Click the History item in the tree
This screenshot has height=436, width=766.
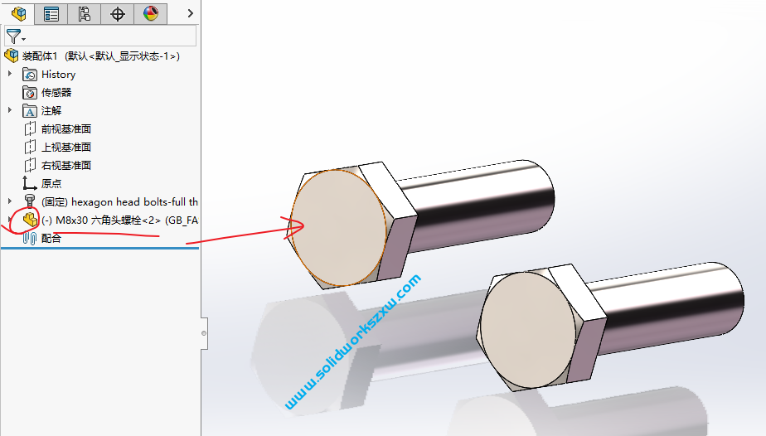click(x=58, y=75)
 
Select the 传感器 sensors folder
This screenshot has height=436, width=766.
click(x=56, y=93)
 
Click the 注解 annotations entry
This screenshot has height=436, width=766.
click(x=51, y=111)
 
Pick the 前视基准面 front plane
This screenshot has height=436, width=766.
click(x=65, y=129)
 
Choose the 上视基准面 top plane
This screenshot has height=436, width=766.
click(x=65, y=148)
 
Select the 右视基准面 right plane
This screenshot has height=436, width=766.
click(x=65, y=166)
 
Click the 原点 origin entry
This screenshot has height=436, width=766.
click(x=51, y=184)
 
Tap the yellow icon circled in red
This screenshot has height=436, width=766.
click(x=30, y=220)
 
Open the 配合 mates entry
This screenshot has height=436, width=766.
click(x=51, y=239)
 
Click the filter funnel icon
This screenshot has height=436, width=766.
click(x=13, y=36)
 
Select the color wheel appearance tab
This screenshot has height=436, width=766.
click(x=150, y=13)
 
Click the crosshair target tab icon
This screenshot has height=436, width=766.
click(x=118, y=13)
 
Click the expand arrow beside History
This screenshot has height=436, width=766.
click(x=10, y=75)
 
